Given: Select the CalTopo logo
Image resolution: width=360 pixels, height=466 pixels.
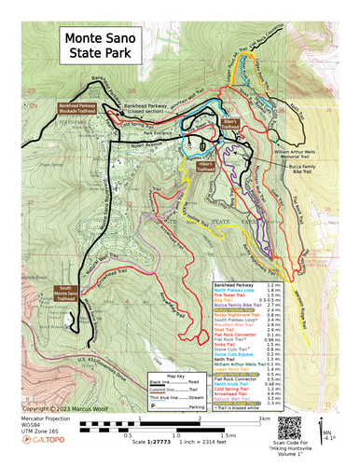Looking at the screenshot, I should point(48,445).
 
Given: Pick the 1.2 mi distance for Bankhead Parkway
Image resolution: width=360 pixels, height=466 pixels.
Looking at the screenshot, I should point(274,283).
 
